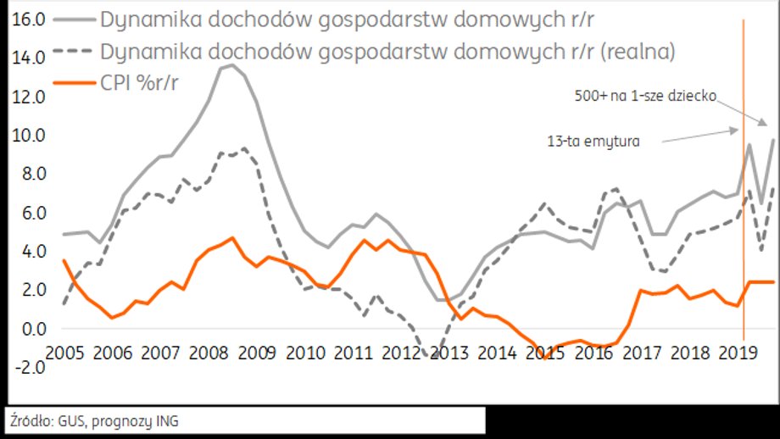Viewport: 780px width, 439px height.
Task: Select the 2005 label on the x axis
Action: (x=69, y=350)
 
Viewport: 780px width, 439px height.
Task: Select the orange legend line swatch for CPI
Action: (x=75, y=81)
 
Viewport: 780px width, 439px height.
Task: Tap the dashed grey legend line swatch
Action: (x=75, y=51)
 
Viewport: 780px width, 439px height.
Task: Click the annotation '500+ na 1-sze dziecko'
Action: (x=645, y=97)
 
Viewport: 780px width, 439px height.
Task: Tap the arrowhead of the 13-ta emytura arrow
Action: (x=735, y=130)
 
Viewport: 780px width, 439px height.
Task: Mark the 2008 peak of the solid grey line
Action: (x=231, y=64)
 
